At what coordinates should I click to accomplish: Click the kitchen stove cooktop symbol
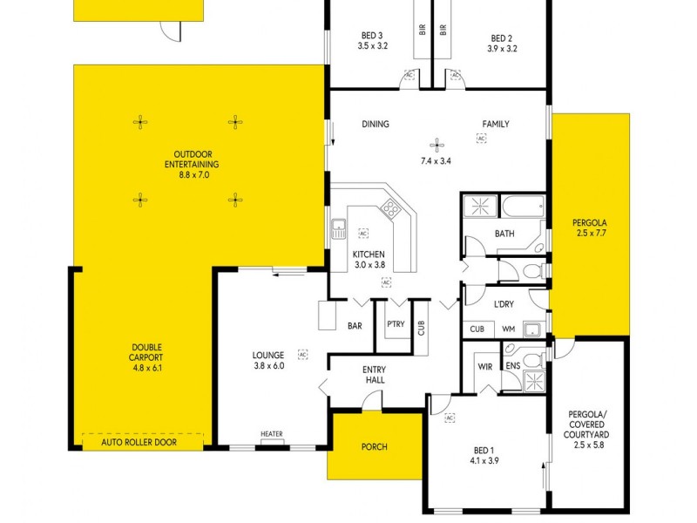(x=390, y=210)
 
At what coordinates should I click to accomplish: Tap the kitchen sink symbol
(x=339, y=230)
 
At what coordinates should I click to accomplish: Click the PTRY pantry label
(x=395, y=324)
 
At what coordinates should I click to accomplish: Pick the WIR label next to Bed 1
(x=485, y=366)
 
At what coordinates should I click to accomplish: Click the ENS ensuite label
(x=512, y=366)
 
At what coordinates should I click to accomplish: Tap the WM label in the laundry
(x=508, y=329)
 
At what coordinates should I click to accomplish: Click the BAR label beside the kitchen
(x=355, y=326)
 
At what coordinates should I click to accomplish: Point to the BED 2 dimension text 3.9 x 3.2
(x=502, y=49)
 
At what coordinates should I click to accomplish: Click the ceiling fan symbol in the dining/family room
(x=438, y=146)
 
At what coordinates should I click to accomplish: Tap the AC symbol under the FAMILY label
(x=481, y=138)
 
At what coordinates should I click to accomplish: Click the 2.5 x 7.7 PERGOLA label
(x=590, y=233)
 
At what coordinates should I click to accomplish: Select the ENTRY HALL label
(x=374, y=375)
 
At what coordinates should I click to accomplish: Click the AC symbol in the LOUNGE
(x=302, y=355)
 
